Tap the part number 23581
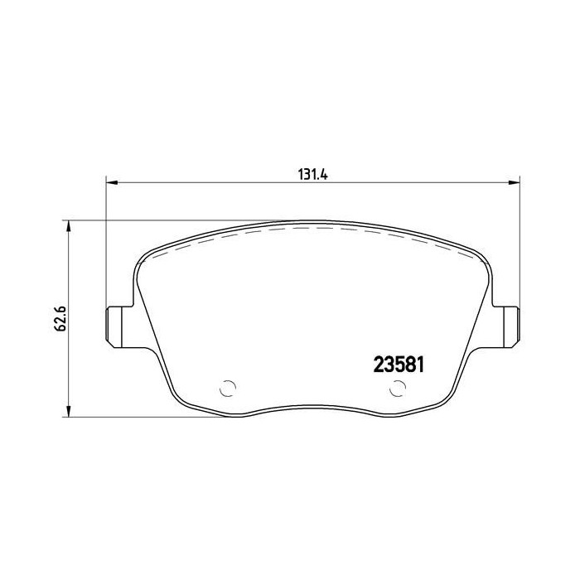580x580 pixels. click(x=394, y=365)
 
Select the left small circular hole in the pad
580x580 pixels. click(x=228, y=387)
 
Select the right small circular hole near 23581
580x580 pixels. click(x=398, y=387)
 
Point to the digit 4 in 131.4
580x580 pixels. click(x=326, y=175)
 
